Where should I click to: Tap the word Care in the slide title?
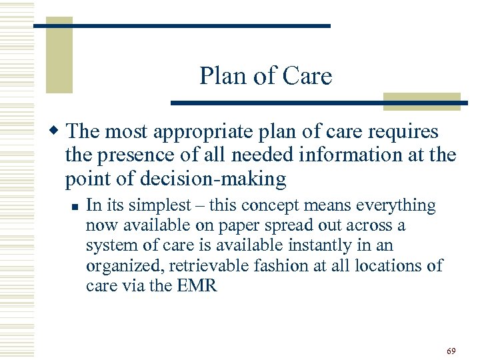[307, 77]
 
